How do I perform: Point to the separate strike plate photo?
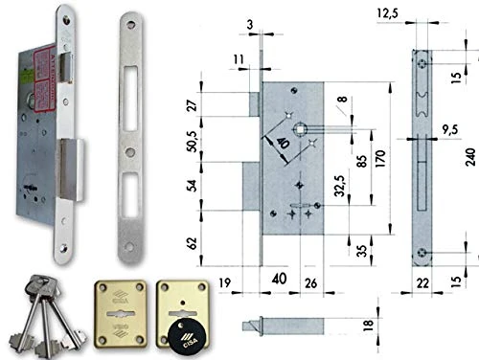131,134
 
